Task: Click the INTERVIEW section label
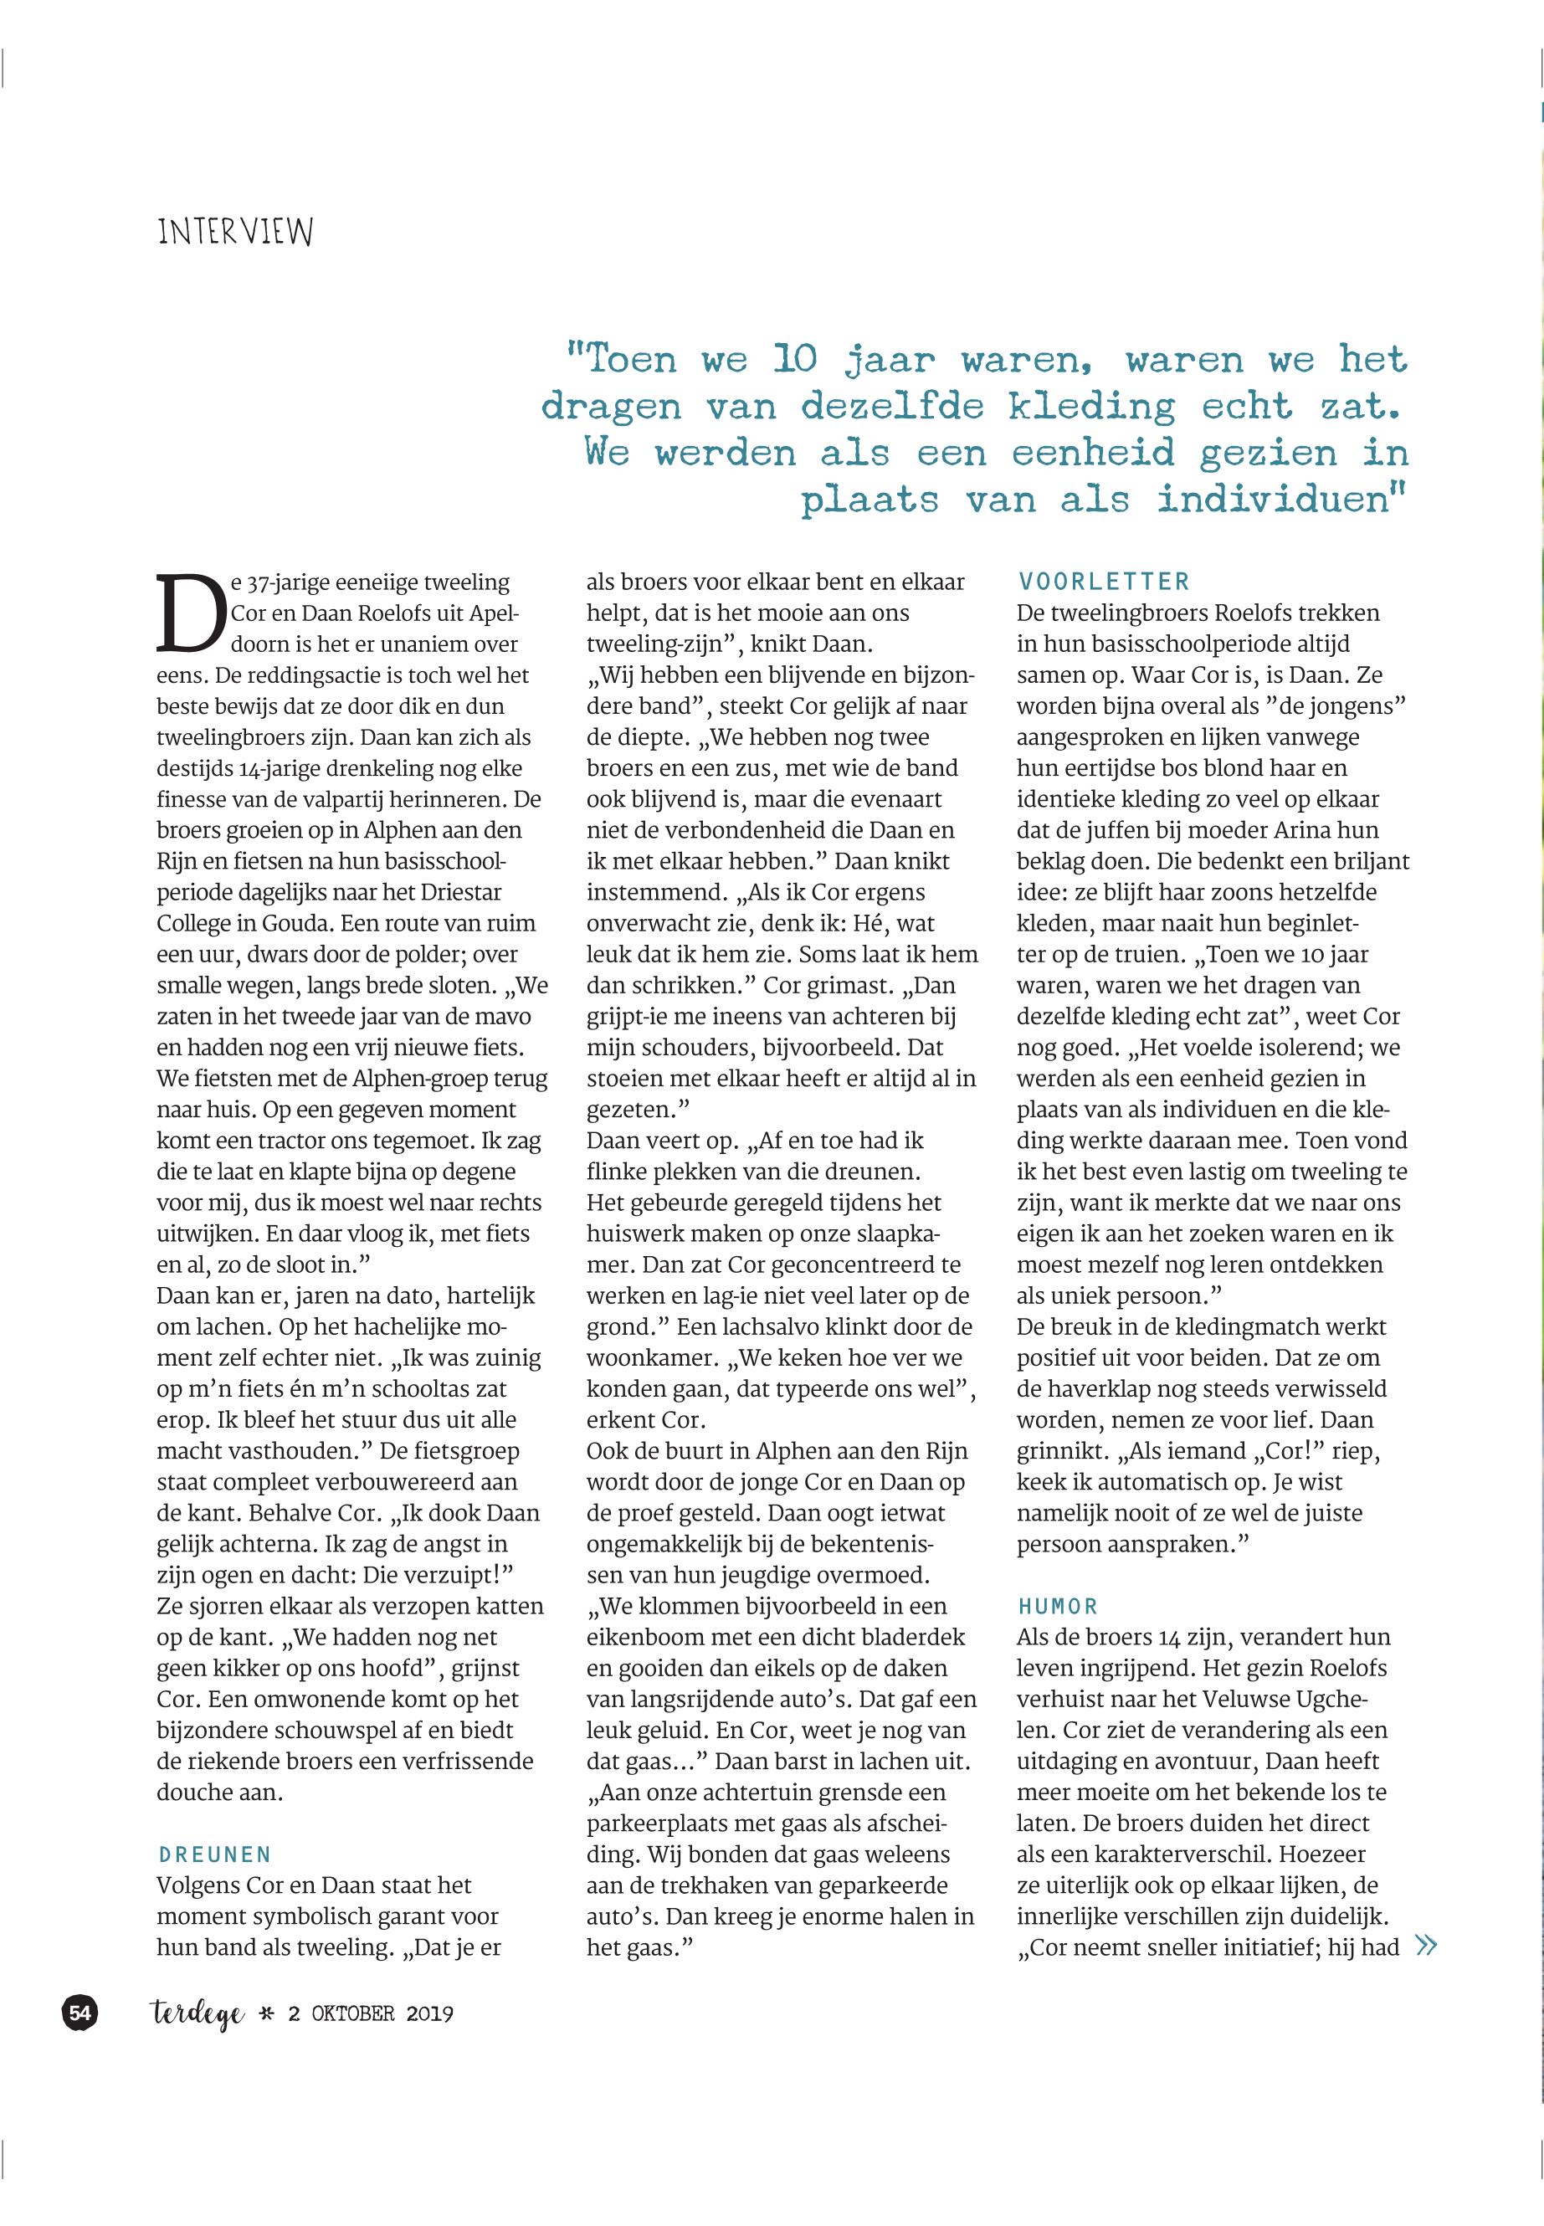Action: coord(235,232)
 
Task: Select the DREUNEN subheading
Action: coord(215,1854)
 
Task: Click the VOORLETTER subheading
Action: coord(1103,582)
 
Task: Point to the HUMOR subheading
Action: coord(1058,1607)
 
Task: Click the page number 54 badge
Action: coord(80,2013)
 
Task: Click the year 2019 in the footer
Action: coord(429,2014)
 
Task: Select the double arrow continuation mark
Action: coord(1425,1946)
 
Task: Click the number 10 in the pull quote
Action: coord(795,360)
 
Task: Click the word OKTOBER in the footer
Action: coord(353,2014)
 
